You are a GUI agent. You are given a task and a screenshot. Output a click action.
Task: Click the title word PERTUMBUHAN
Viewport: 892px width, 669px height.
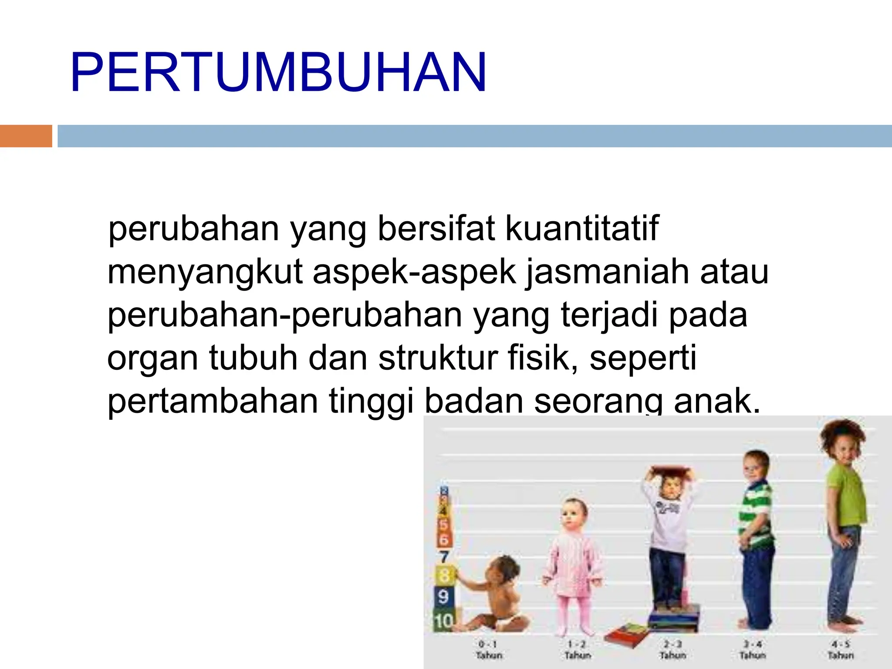point(278,73)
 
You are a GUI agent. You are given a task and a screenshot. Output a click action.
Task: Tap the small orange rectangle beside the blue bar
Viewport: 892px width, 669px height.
point(26,136)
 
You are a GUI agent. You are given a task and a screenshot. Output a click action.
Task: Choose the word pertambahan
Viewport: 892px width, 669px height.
point(213,401)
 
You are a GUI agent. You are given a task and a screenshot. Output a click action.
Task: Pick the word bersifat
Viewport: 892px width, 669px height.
point(436,228)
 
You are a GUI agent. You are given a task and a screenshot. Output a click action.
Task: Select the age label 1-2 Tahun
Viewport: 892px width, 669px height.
point(578,649)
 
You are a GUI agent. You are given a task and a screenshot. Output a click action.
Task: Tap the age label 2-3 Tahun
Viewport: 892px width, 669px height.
point(672,649)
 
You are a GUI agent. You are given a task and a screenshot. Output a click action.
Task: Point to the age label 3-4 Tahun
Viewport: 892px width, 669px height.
point(753,649)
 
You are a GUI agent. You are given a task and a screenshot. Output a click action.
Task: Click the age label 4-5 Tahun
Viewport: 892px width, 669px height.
point(841,649)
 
